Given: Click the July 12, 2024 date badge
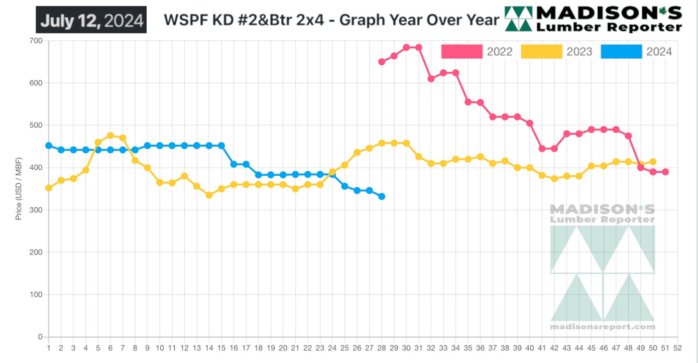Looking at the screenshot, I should click(x=91, y=20).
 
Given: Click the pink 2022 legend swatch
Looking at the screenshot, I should click(x=461, y=51).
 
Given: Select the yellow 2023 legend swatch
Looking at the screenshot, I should click(x=541, y=51).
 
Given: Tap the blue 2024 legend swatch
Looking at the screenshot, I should click(x=621, y=51).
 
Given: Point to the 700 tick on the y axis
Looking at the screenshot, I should click(x=36, y=41).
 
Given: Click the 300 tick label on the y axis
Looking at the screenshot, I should click(x=36, y=210).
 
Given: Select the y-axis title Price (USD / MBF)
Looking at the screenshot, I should click(x=19, y=189).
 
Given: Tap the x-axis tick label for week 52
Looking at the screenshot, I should click(x=677, y=347).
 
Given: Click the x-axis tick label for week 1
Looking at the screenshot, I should click(x=49, y=347).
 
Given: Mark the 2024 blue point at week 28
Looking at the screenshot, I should click(x=382, y=196).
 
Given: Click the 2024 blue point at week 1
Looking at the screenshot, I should click(x=49, y=146).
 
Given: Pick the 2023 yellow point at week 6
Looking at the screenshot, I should click(x=110, y=136).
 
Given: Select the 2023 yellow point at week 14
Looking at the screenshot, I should click(x=209, y=195).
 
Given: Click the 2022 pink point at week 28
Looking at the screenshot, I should click(x=382, y=62).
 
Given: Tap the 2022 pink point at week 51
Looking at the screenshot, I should click(x=665, y=172).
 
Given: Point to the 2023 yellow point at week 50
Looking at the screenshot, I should click(x=653, y=162).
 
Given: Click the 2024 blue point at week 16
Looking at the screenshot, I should click(x=234, y=164).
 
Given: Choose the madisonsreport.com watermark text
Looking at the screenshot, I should click(x=603, y=327).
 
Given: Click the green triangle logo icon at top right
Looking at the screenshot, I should click(x=518, y=19).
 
